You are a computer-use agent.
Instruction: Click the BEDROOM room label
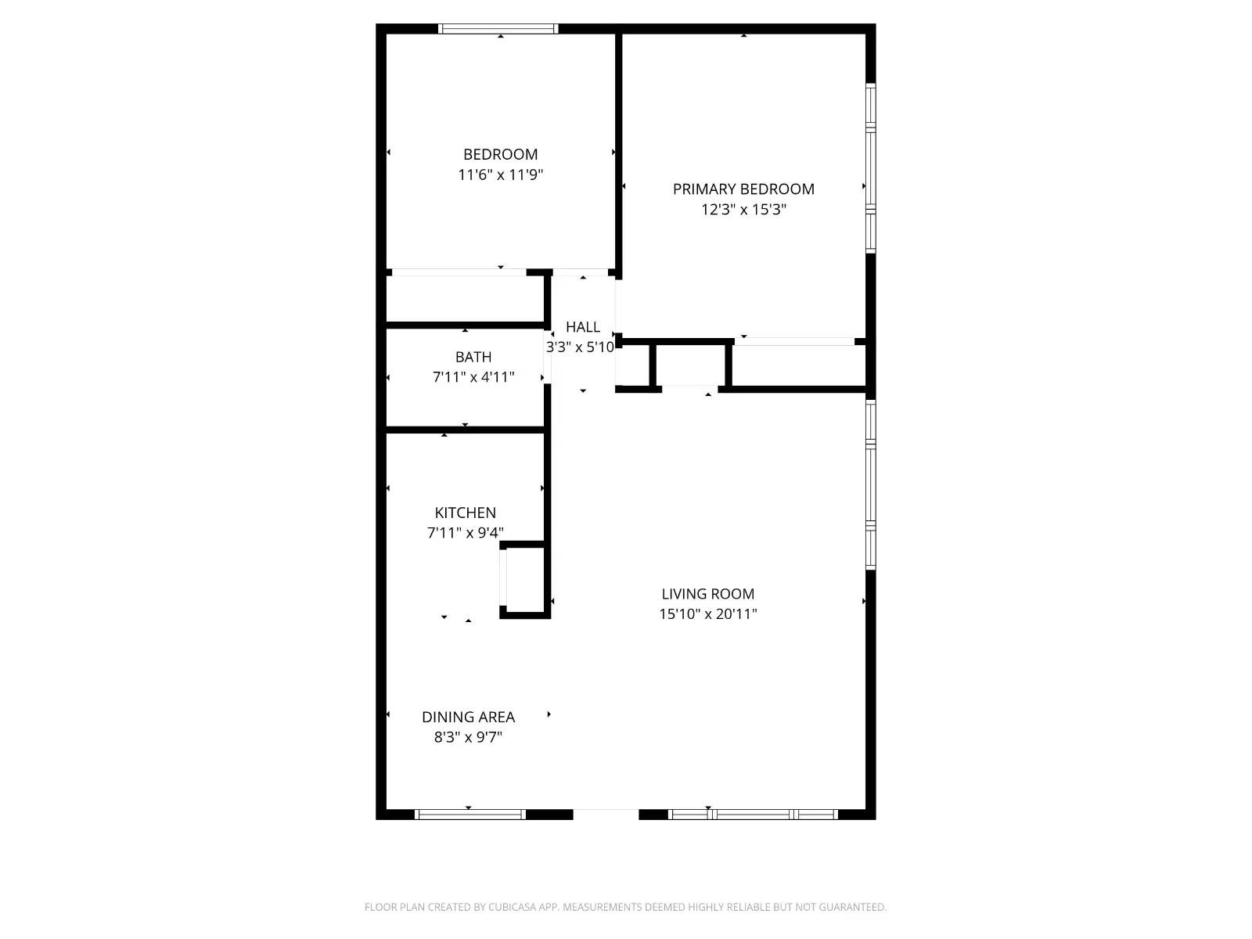[x=500, y=154]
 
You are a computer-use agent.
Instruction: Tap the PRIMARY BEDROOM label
[x=743, y=189]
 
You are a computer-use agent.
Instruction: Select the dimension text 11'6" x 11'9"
[x=500, y=174]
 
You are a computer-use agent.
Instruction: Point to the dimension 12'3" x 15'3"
[x=743, y=209]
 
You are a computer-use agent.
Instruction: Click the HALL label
[x=583, y=327]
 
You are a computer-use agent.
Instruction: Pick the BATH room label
[x=473, y=357]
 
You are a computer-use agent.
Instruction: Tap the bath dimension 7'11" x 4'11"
[x=473, y=377]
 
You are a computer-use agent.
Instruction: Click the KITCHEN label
[x=465, y=513]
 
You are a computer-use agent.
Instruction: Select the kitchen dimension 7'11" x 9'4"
[x=465, y=533]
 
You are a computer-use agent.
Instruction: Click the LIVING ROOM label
[x=707, y=594]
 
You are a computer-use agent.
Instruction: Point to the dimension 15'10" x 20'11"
[x=707, y=614]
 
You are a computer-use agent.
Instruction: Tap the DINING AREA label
[x=468, y=717]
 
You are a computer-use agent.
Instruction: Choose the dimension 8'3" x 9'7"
[x=468, y=737]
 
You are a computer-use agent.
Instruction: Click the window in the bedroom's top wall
[x=498, y=29]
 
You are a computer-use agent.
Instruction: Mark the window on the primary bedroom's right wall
[x=870, y=168]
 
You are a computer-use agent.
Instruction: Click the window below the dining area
[x=469, y=815]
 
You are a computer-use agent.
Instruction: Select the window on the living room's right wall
[x=870, y=484]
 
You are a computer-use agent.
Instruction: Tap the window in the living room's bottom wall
[x=753, y=815]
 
